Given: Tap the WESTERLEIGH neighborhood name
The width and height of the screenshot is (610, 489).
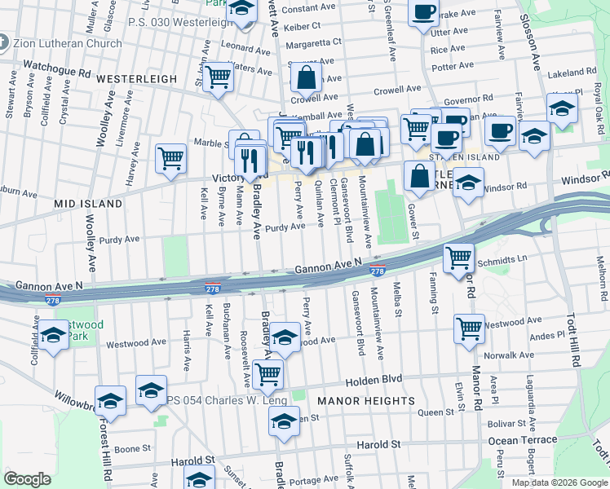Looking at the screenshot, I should [x=137, y=79].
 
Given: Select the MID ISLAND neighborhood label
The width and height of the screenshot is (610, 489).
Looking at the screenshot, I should [x=89, y=203].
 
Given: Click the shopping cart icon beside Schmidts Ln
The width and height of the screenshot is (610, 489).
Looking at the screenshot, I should [x=458, y=258].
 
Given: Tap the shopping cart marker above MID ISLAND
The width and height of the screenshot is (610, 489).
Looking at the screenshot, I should [x=170, y=157].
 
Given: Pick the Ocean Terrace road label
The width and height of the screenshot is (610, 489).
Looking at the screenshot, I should [x=523, y=440].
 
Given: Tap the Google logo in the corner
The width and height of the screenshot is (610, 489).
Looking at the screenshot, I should [x=27, y=478].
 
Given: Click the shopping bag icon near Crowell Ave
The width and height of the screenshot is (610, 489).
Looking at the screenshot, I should [x=307, y=80].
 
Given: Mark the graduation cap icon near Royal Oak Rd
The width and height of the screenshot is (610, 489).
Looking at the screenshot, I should [x=562, y=108].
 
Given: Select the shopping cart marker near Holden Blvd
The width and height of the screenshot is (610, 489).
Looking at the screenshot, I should [x=267, y=374].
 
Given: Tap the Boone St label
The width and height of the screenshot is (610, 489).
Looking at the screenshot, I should [x=132, y=448].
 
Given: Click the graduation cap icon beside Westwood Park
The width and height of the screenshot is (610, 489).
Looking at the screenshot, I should [x=53, y=335].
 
